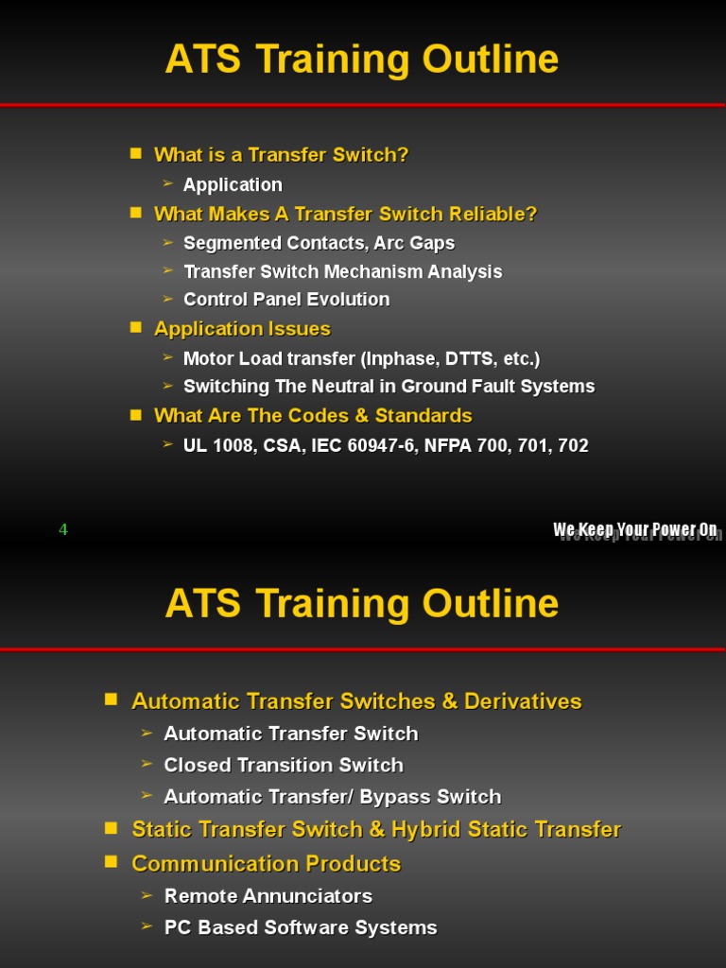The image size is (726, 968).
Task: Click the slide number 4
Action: (63, 529)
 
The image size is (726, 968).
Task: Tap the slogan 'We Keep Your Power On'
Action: (635, 529)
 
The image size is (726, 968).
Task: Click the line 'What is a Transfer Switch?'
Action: (281, 154)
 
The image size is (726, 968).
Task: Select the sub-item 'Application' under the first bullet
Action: (233, 184)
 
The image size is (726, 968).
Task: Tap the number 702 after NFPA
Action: (573, 445)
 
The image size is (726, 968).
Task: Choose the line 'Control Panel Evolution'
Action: (286, 299)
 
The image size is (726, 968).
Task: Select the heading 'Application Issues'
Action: (242, 328)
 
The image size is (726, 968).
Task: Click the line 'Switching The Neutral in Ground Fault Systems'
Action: (389, 386)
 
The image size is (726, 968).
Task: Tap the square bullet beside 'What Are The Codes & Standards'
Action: (136, 414)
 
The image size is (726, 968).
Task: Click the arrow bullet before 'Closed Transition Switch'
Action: (147, 764)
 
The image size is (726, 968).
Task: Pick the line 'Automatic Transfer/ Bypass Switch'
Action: (333, 796)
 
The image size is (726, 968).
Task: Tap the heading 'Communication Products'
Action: (266, 863)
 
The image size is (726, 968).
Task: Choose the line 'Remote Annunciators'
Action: (268, 895)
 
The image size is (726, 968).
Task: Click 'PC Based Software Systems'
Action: (301, 927)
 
